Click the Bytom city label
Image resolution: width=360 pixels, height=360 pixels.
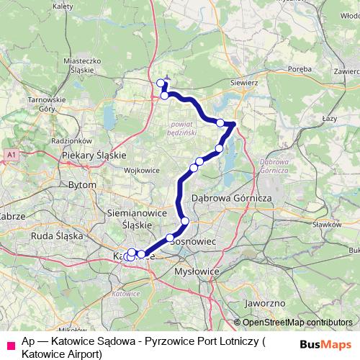tap(81, 185)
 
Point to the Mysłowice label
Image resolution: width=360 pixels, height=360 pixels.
tap(196, 272)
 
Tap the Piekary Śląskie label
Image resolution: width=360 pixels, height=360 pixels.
tap(94, 155)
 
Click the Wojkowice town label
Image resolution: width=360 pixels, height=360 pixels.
tap(141, 171)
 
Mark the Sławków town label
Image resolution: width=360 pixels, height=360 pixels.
tap(328, 224)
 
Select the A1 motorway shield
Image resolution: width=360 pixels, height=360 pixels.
tap(12, 154)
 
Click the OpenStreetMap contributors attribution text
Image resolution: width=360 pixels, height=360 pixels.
tap(297, 323)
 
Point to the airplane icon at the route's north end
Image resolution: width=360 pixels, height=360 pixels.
tap(167, 80)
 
